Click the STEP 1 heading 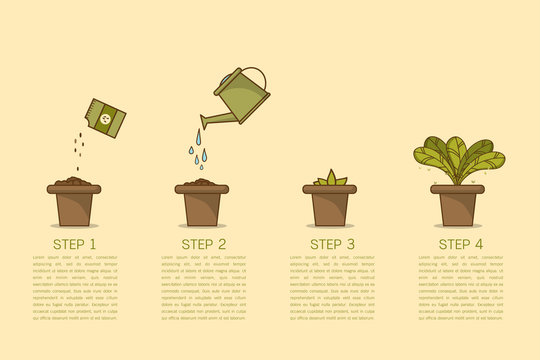[75, 242]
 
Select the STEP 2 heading [203, 242]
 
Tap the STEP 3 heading [332, 242]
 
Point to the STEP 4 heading [460, 242]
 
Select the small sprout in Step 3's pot [331, 179]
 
